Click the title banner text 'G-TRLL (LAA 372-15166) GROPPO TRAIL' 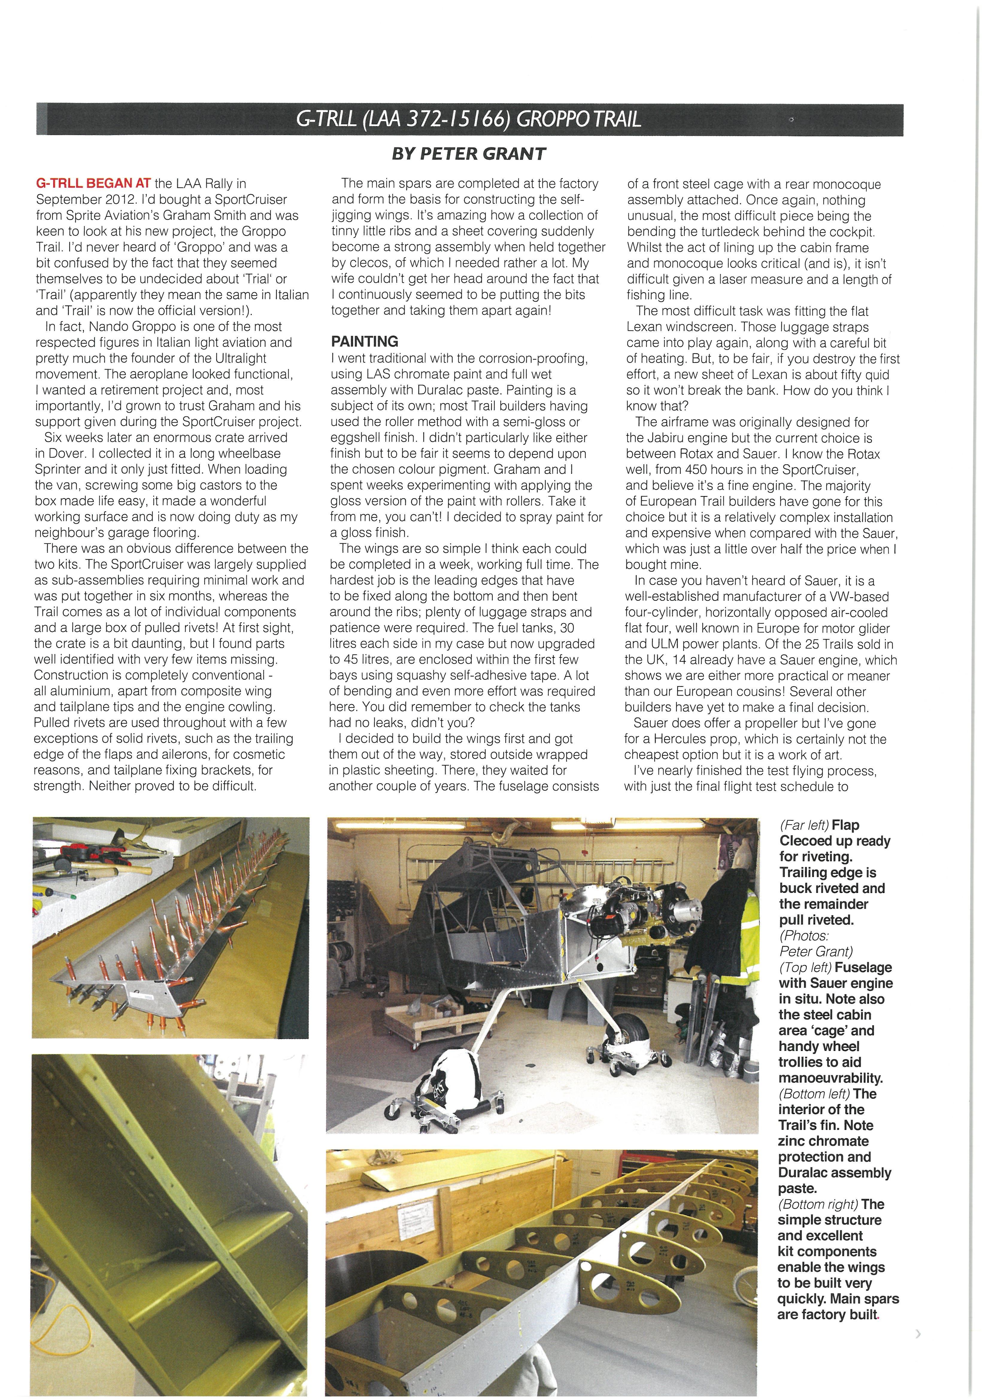click(x=469, y=119)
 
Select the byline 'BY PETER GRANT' click(x=469, y=154)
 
